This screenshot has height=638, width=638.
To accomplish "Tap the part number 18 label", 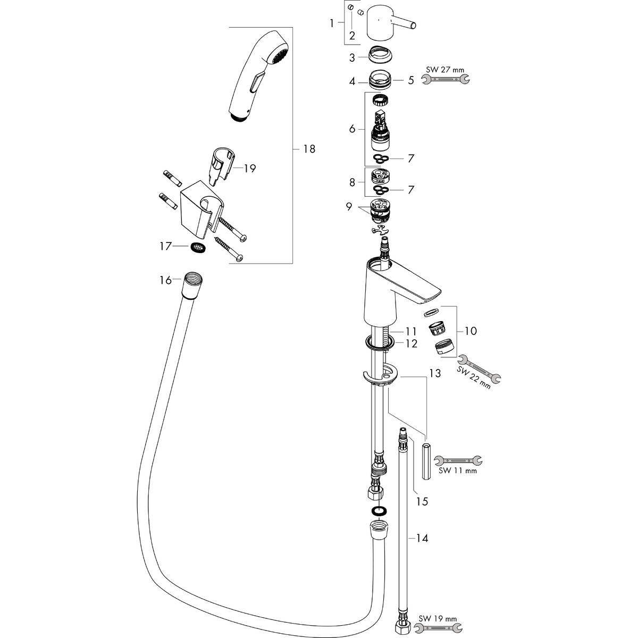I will tap(308, 149).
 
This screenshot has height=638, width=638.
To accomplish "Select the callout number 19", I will tap(249, 169).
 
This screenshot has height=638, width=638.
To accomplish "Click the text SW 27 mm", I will tap(446, 69).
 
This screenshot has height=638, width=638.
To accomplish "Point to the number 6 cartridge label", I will tap(351, 129).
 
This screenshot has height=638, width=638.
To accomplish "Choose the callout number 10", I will tap(470, 331).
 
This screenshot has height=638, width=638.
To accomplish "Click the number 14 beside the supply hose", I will tap(422, 538).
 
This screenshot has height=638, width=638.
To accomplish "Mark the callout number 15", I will tap(423, 501).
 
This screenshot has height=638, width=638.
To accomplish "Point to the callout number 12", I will tap(412, 343).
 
